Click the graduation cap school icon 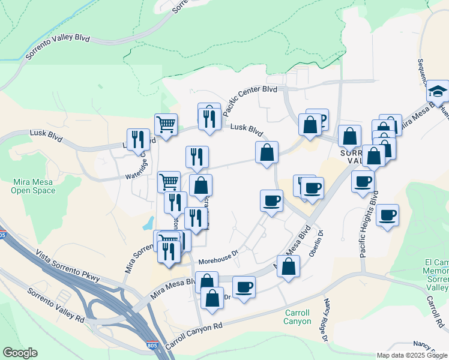[438, 92]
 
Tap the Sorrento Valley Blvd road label [58, 46]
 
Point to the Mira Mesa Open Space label [33, 186]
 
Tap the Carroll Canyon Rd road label [193, 337]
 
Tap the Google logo [20, 353]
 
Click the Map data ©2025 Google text [411, 355]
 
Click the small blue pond [148, 224]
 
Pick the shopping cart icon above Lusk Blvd [166, 125]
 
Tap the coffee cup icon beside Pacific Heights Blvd [387, 215]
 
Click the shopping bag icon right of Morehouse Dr [288, 266]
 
